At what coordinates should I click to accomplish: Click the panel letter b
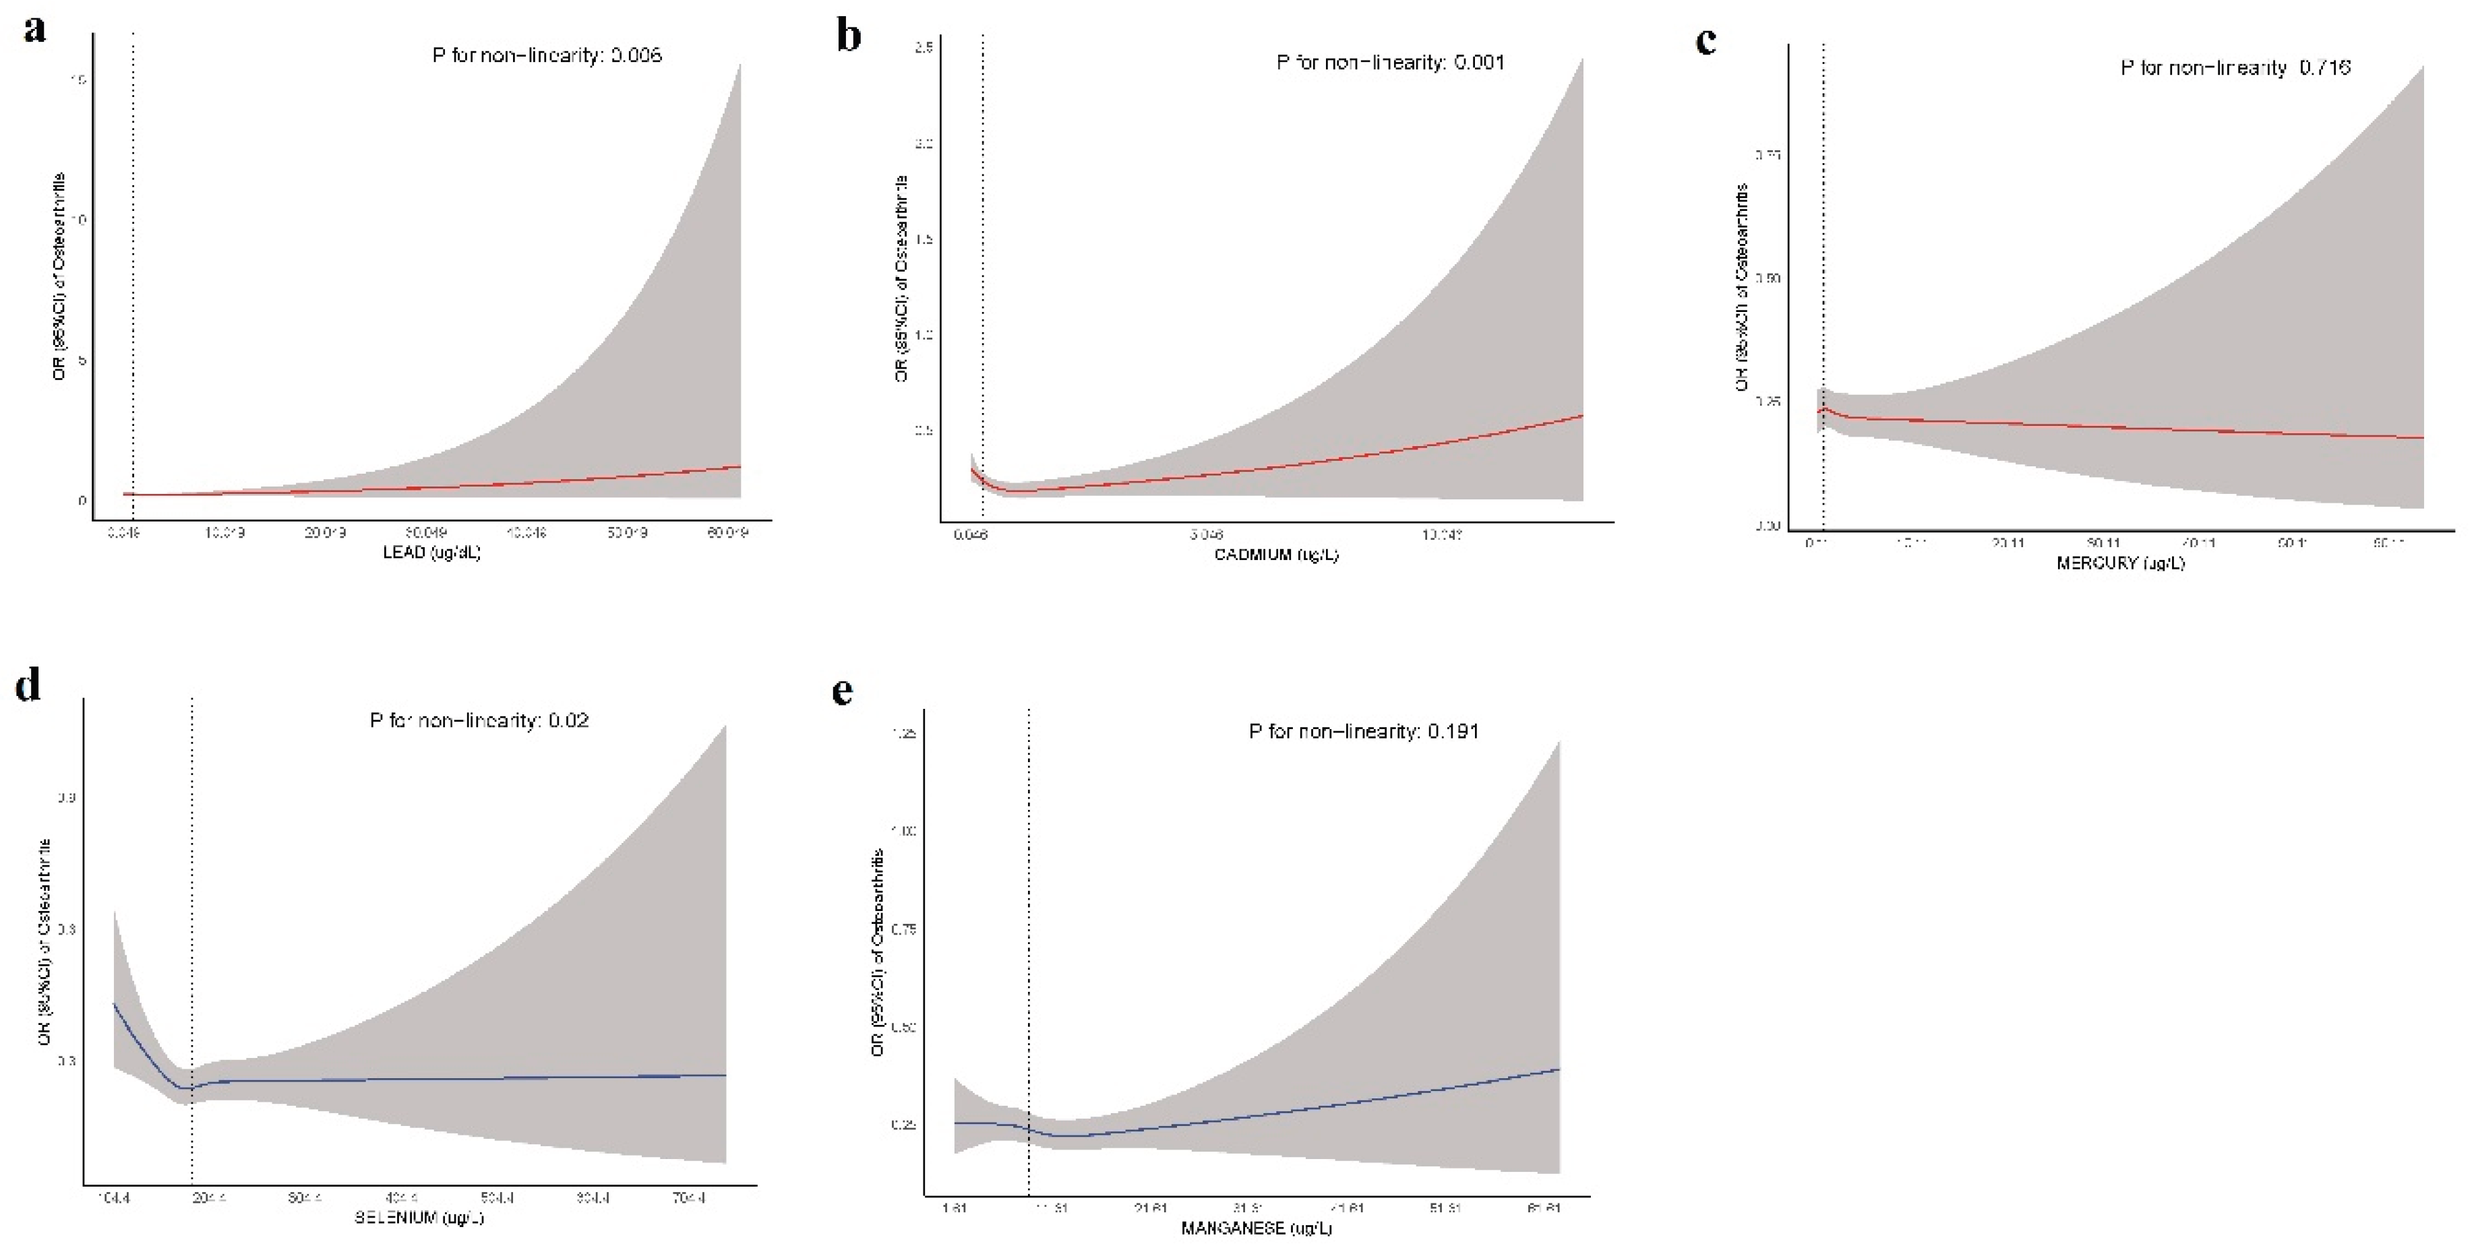[x=849, y=36]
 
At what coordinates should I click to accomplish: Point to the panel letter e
[x=842, y=691]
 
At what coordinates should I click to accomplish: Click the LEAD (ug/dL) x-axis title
[x=431, y=553]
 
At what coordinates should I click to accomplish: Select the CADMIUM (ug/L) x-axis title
[x=1275, y=555]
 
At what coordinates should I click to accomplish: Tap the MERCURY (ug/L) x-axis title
[x=2119, y=563]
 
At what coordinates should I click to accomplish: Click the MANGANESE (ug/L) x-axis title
[x=1255, y=1228]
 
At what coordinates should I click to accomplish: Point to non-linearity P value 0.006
[x=637, y=56]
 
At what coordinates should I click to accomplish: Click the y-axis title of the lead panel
[x=59, y=276]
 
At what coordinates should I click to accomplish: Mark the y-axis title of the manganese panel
[x=877, y=952]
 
